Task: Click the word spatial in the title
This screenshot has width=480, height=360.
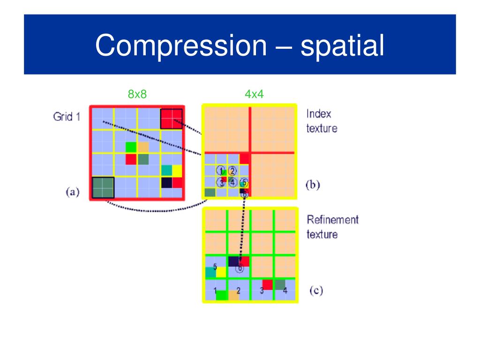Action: tap(342, 46)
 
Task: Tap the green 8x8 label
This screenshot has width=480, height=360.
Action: tap(137, 94)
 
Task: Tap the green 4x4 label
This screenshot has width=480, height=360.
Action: tap(254, 94)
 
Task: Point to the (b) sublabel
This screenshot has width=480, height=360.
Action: tap(313, 185)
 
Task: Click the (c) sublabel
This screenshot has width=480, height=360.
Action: tap(316, 291)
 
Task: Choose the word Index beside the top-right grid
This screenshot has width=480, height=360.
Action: tap(318, 114)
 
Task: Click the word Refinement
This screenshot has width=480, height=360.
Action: tap(332, 219)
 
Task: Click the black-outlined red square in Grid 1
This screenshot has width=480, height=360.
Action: tap(171, 118)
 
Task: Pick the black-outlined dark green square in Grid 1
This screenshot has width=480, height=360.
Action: tap(103, 187)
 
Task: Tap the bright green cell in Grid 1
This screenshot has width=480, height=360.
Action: tap(131, 147)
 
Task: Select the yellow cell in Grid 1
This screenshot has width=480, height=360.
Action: tap(177, 171)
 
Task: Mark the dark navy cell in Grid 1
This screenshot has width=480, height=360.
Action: tap(166, 182)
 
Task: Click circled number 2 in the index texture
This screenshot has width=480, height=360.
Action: tap(232, 171)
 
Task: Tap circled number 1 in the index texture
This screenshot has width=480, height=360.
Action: tap(222, 171)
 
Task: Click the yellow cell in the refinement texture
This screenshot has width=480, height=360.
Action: tap(221, 272)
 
